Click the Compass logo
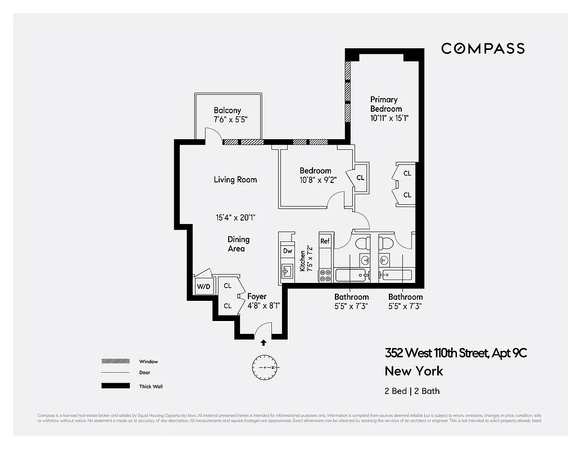click(483, 48)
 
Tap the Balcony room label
click(228, 111)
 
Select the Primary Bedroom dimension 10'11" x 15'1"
click(389, 118)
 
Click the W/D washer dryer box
click(203, 287)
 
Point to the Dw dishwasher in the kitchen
click(287, 251)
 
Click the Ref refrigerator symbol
click(325, 241)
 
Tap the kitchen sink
click(287, 271)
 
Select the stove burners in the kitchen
click(325, 275)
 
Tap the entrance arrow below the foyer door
click(264, 342)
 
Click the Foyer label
click(257, 296)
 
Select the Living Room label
click(235, 180)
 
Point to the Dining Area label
click(238, 244)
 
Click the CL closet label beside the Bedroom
click(360, 178)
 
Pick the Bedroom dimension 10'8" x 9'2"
click(315, 180)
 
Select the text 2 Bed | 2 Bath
click(412, 391)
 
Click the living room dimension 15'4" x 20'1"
click(235, 218)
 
